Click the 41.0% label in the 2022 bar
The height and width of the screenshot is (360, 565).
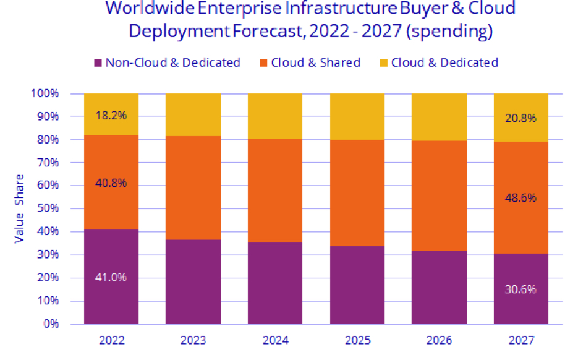tap(111, 277)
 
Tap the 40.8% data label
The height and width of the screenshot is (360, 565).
tap(111, 182)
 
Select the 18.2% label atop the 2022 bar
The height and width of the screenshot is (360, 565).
tap(111, 116)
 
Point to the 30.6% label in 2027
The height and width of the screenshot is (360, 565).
tap(520, 289)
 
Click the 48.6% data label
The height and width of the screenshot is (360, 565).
tap(520, 198)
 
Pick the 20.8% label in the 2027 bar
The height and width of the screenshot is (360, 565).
tap(520, 118)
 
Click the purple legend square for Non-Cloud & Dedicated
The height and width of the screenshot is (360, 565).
tap(97, 62)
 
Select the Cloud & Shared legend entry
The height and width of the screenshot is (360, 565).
tap(315, 62)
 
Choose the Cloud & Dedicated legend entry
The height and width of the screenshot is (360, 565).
tap(444, 62)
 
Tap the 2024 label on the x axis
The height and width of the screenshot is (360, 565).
tap(275, 340)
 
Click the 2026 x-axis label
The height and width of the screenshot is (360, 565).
tap(439, 340)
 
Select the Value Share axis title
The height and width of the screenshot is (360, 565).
tap(19, 208)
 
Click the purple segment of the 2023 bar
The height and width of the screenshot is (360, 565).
tap(193, 281)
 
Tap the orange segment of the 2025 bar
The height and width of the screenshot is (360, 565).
tap(357, 193)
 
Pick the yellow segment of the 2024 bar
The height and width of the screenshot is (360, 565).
tap(275, 116)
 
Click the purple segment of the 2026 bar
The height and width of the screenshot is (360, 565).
tap(439, 287)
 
